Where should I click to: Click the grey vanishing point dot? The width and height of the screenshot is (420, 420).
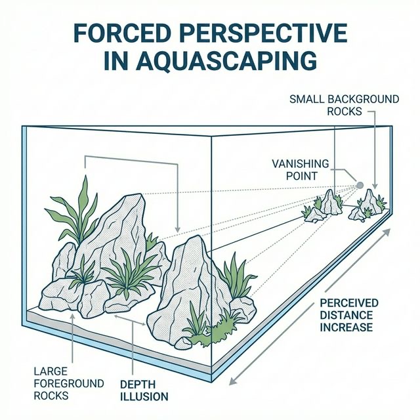coord(360,184)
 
